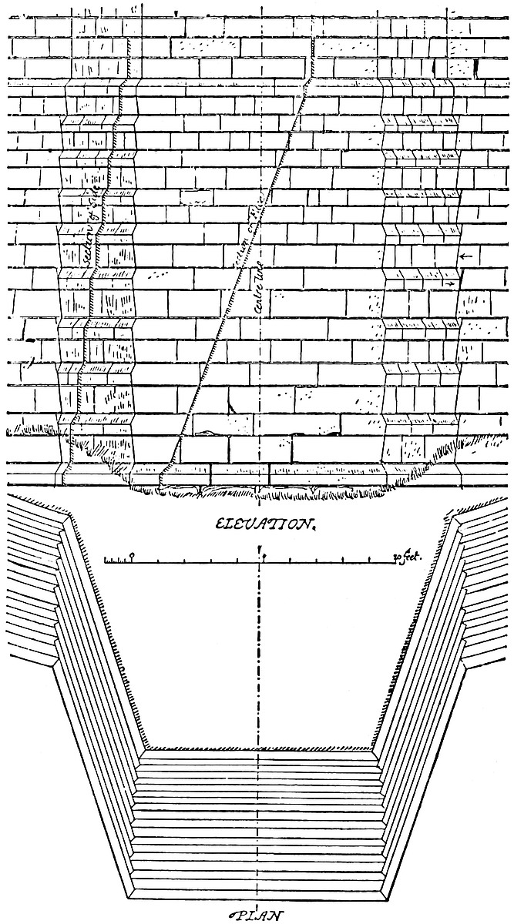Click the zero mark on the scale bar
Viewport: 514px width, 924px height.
133,556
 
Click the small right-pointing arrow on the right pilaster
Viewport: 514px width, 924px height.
450,284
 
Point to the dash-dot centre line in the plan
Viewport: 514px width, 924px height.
262,654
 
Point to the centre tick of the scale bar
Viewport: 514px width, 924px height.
263,556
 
